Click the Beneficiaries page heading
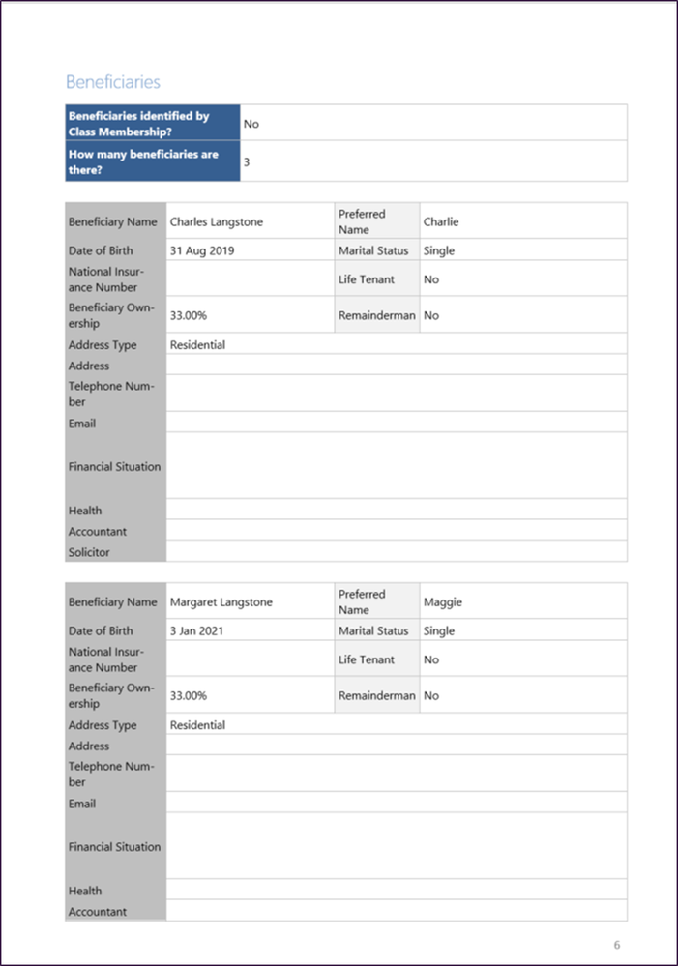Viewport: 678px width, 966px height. coord(113,82)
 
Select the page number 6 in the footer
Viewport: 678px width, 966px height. coord(617,944)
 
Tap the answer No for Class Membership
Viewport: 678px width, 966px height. coord(251,124)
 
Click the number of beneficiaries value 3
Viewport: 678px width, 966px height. coord(247,162)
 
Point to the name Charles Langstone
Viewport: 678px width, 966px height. coord(217,221)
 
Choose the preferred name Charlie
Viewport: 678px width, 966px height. coord(441,221)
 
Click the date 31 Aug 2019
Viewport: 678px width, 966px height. coord(202,250)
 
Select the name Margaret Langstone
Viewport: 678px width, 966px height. coord(221,601)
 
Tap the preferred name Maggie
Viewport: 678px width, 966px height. coord(443,601)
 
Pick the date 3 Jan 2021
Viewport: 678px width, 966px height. coord(199,630)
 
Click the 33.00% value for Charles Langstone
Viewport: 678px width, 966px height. coord(188,315)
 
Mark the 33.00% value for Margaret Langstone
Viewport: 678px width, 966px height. coord(188,695)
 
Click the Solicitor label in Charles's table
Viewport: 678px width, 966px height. coord(89,552)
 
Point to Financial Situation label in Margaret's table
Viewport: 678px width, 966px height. coord(114,846)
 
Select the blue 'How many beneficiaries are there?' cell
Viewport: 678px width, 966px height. coord(152,161)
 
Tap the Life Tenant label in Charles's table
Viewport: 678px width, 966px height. coord(367,279)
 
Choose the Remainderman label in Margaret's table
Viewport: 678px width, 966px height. coord(377,695)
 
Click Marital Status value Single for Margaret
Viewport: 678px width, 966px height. coord(439,630)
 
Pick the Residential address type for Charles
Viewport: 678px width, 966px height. coord(197,344)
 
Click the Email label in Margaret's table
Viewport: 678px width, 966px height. coord(82,804)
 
